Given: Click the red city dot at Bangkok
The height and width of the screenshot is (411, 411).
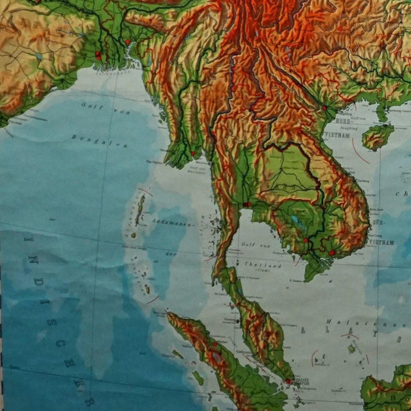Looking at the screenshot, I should (247, 205).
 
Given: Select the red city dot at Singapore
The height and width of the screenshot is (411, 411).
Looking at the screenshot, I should (288, 381).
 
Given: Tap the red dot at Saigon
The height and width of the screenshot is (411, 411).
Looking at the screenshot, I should (331, 253).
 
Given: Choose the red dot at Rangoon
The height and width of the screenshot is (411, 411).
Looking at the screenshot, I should (192, 153).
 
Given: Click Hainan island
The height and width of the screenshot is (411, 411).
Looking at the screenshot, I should (378, 136).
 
